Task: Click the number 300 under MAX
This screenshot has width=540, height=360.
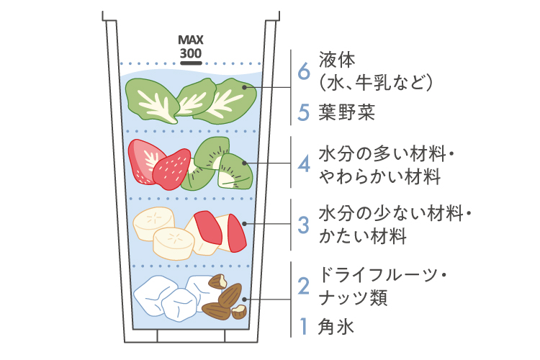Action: [x=191, y=53]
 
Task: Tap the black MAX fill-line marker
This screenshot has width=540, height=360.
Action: [x=191, y=62]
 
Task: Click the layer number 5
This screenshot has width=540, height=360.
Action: [x=304, y=112]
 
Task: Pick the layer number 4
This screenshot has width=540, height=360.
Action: [x=304, y=165]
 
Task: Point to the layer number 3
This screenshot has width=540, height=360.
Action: [x=304, y=224]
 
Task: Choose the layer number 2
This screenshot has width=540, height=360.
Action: [x=304, y=286]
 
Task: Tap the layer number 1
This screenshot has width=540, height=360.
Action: [x=304, y=328]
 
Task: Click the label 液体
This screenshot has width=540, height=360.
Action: [x=337, y=60]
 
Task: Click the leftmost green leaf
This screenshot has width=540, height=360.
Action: [x=150, y=99]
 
